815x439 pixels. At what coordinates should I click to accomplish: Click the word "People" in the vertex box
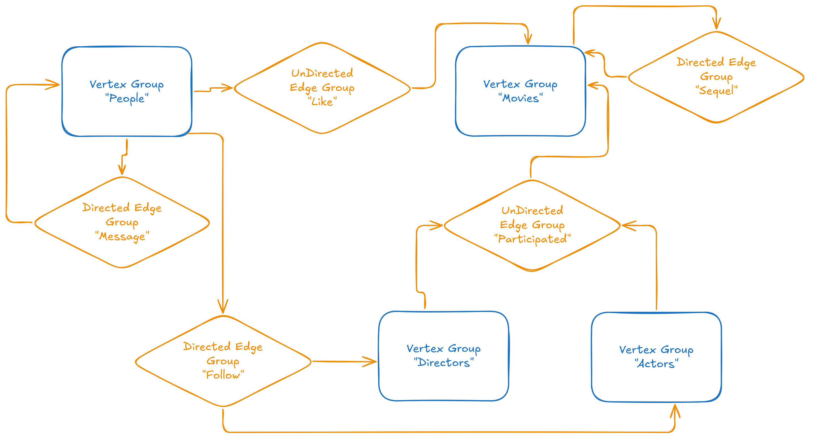pos(126,98)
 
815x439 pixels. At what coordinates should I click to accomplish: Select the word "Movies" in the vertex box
pos(520,98)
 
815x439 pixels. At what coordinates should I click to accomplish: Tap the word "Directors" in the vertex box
pos(443,363)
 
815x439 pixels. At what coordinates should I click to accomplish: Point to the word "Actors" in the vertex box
pos(656,364)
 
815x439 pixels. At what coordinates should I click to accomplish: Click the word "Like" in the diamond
pos(322,101)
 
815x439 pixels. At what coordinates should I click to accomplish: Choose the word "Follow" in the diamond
pos(223,375)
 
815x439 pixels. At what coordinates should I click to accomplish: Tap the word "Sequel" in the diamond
pos(716,90)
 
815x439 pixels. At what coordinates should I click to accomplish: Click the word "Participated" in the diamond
pos(532,239)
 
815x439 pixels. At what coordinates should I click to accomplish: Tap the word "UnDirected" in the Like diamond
pos(322,73)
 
